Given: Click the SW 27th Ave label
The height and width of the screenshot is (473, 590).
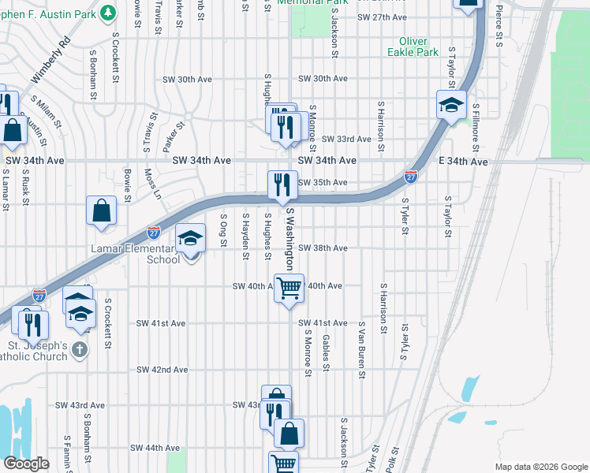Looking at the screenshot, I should point(382,17).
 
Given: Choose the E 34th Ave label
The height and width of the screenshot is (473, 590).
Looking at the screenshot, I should point(463,161).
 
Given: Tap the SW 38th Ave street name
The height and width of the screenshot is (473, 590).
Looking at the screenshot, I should point(323,248).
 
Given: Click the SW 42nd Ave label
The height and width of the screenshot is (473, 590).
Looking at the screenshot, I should point(161,369).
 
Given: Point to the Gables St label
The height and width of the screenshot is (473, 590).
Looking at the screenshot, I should point(325,351).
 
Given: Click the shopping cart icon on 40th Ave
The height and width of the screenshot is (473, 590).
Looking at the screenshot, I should point(289,289).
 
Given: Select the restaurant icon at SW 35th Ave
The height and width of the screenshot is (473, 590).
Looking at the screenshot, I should point(282,185).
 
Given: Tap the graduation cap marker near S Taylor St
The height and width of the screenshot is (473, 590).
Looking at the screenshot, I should point(451,105).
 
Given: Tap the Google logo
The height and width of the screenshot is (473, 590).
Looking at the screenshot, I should point(26,464).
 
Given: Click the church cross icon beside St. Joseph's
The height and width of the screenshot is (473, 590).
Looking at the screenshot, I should point(80,349).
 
